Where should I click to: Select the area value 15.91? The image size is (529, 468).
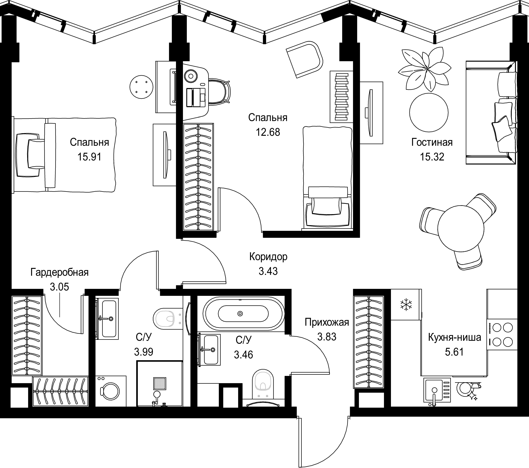(x=89, y=157)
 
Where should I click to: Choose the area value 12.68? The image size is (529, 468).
(x=268, y=132)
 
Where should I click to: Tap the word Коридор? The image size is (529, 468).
(x=268, y=257)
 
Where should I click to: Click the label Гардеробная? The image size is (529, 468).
(x=60, y=272)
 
